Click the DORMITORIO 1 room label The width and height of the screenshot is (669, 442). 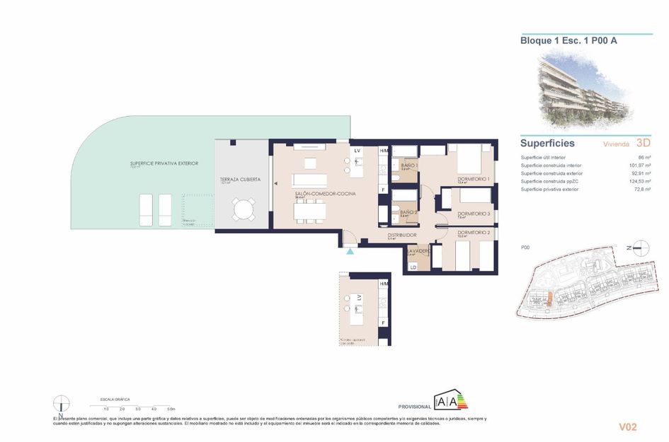pyautogui.click(x=474, y=179)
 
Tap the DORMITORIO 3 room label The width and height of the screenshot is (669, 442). pyautogui.click(x=474, y=214)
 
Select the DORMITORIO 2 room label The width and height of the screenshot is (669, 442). pyautogui.click(x=474, y=232)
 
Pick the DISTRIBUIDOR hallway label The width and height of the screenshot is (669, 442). pyautogui.click(x=401, y=235)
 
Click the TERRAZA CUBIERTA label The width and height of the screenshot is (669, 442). pyautogui.click(x=240, y=180)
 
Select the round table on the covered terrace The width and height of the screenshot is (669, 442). pyautogui.click(x=243, y=209)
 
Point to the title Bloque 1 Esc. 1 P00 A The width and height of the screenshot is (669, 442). pyautogui.click(x=568, y=41)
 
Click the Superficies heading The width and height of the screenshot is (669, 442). pyautogui.click(x=547, y=143)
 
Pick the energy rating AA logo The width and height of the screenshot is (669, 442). pyautogui.click(x=450, y=402)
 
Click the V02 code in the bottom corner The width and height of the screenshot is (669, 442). pyautogui.click(x=628, y=426)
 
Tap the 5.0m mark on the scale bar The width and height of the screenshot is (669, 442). pyautogui.click(x=171, y=409)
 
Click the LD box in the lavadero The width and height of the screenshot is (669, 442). pyautogui.click(x=413, y=267)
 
